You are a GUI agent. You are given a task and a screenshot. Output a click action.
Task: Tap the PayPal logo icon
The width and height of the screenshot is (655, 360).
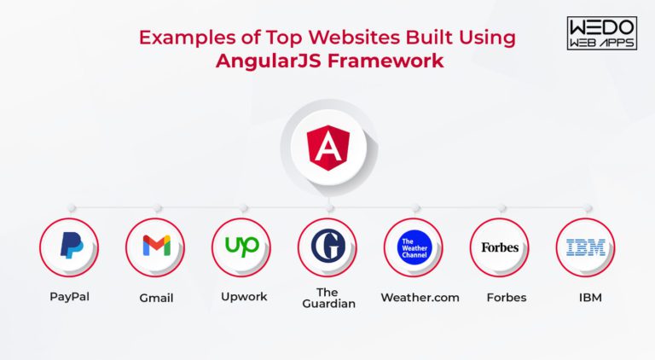(69, 247)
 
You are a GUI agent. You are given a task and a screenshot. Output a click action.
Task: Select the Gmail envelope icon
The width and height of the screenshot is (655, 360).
(155, 247)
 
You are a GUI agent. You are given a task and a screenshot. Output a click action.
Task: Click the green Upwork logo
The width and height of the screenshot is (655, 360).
(241, 247)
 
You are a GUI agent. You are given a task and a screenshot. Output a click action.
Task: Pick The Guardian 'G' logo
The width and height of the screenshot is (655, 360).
(327, 247)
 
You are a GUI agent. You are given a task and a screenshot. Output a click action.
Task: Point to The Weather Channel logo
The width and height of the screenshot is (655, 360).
(414, 247)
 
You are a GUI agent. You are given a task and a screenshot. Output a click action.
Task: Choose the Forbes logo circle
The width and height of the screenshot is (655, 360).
(500, 247)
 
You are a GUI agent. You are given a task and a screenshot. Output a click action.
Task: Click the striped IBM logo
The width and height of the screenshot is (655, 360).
(586, 247)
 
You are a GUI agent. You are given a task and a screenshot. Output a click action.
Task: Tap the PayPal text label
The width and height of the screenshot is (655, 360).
(69, 297)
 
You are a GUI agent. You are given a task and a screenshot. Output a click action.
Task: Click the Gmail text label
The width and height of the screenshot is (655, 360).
(155, 298)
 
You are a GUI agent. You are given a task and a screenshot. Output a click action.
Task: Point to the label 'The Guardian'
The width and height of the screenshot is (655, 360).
(327, 297)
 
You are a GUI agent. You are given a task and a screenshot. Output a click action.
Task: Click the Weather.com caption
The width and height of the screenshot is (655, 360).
(420, 297)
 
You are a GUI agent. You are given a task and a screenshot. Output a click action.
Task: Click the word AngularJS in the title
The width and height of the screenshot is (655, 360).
(259, 61)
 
